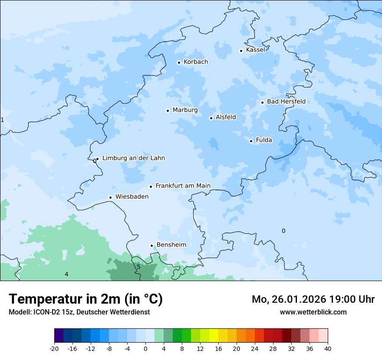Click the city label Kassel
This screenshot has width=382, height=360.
(255, 50)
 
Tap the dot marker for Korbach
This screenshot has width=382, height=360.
(179, 62)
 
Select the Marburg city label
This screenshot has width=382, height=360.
(185, 110)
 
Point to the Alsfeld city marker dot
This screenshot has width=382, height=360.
(211, 118)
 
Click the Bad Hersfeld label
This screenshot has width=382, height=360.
(286, 101)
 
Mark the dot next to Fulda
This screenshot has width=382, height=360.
(251, 141)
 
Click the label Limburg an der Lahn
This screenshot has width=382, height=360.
(133, 158)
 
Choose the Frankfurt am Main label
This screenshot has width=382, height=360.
(183, 186)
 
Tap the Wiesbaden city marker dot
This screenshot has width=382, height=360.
(111, 197)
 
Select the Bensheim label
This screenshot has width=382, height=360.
(171, 245)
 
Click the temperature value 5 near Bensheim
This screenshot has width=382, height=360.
(138, 267)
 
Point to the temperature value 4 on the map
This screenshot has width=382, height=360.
(66, 274)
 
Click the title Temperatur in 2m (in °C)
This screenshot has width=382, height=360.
(86, 299)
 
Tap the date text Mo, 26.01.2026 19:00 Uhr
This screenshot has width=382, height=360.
(313, 299)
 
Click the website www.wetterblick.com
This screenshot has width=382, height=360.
(313, 312)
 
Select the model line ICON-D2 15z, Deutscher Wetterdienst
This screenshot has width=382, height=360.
(79, 312)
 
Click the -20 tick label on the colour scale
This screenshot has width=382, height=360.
(54, 349)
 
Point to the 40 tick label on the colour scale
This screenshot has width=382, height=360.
(328, 349)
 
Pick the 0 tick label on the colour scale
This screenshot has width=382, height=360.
(145, 349)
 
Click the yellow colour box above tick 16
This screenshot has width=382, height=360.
(214, 336)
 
